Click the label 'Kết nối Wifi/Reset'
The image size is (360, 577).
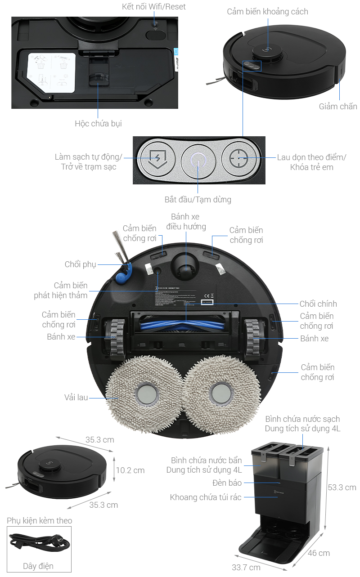153,7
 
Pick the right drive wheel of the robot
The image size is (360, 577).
253,338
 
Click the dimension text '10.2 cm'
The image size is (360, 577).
130,470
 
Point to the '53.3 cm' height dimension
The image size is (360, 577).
342,488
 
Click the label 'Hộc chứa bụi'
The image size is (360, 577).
98,123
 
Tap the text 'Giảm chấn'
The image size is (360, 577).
338,107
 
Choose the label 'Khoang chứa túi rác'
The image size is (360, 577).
206,497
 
